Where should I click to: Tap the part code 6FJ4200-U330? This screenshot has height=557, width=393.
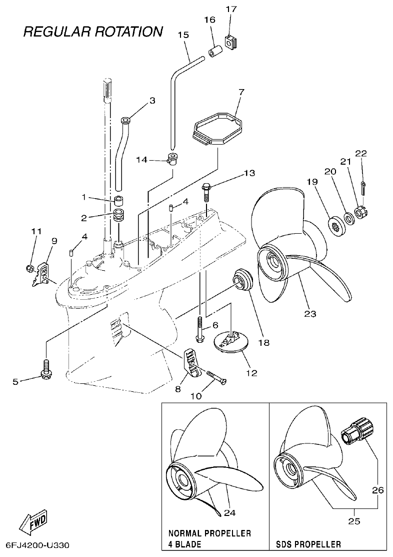tap(38, 544)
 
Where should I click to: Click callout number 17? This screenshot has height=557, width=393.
tap(231, 9)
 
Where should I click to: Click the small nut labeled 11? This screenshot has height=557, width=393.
tap(29, 269)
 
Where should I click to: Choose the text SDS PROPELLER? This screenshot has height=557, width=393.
tap(308, 544)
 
